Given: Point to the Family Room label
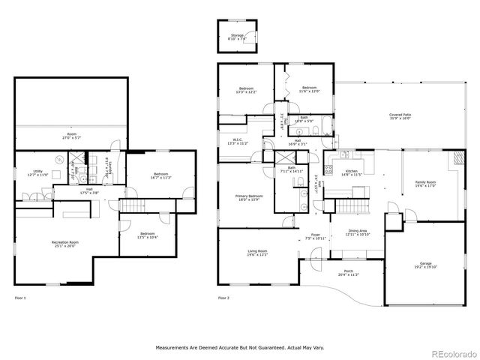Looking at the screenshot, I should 425,184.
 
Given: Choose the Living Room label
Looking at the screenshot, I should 257,253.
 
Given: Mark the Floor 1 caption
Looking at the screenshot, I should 21,298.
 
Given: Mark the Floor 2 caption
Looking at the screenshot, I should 223,298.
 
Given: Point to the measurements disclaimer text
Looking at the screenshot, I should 239,348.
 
